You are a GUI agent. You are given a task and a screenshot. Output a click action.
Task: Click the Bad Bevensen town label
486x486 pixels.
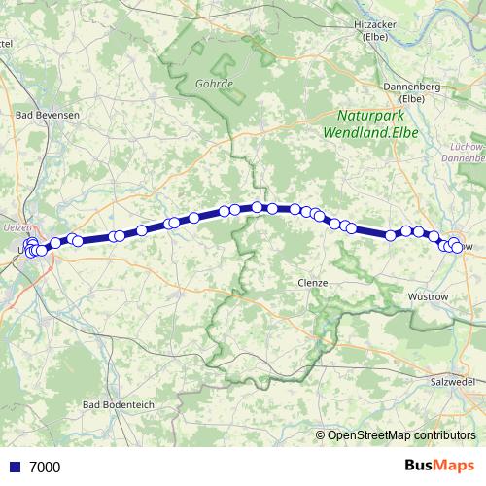(49, 114)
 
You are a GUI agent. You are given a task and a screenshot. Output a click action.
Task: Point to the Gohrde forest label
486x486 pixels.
(214, 84)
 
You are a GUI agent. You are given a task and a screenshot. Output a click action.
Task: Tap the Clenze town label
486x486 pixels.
(312, 282)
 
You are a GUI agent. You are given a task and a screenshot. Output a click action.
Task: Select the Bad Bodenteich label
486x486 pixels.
(120, 404)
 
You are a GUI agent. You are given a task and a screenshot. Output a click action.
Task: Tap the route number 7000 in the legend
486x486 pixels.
(45, 467)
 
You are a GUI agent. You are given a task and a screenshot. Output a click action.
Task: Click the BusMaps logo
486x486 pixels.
(441, 466)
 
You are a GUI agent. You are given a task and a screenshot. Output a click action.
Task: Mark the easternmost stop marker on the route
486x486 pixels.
(458, 249)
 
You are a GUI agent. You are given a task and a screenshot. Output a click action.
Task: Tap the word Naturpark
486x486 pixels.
(359, 113)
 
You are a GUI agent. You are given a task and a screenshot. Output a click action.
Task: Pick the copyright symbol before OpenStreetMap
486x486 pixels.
(321, 434)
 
